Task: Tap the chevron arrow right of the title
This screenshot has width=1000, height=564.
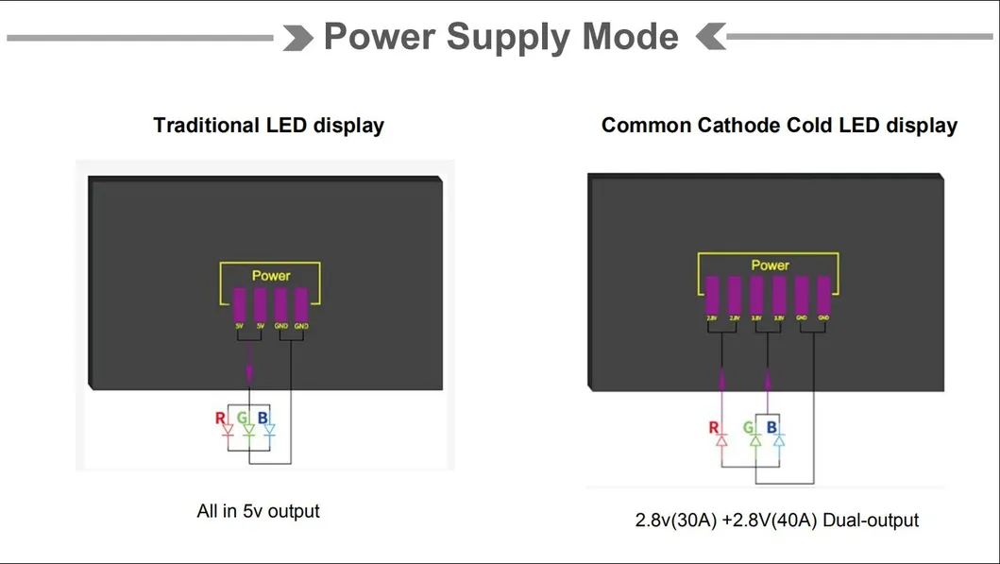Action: click(710, 38)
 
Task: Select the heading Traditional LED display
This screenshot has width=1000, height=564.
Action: click(268, 126)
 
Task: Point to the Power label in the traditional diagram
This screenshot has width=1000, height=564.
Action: click(271, 276)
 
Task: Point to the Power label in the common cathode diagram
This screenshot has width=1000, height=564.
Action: click(770, 265)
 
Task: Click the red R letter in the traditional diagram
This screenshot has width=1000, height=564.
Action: click(220, 419)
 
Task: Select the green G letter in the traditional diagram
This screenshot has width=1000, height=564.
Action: click(243, 419)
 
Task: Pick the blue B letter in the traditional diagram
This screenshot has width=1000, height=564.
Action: click(263, 419)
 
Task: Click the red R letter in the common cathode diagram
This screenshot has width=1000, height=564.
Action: click(714, 428)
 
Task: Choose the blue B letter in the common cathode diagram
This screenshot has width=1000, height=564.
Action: click(771, 428)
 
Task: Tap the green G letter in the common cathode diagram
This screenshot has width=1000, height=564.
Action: click(749, 428)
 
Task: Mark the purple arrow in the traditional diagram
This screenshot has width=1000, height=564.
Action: click(249, 364)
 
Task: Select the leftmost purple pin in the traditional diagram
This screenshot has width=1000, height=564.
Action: click(240, 305)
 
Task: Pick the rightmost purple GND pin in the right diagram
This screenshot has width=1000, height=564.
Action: click(823, 295)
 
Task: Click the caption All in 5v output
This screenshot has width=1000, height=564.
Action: click(258, 511)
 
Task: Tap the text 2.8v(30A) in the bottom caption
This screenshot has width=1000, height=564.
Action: click(676, 521)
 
